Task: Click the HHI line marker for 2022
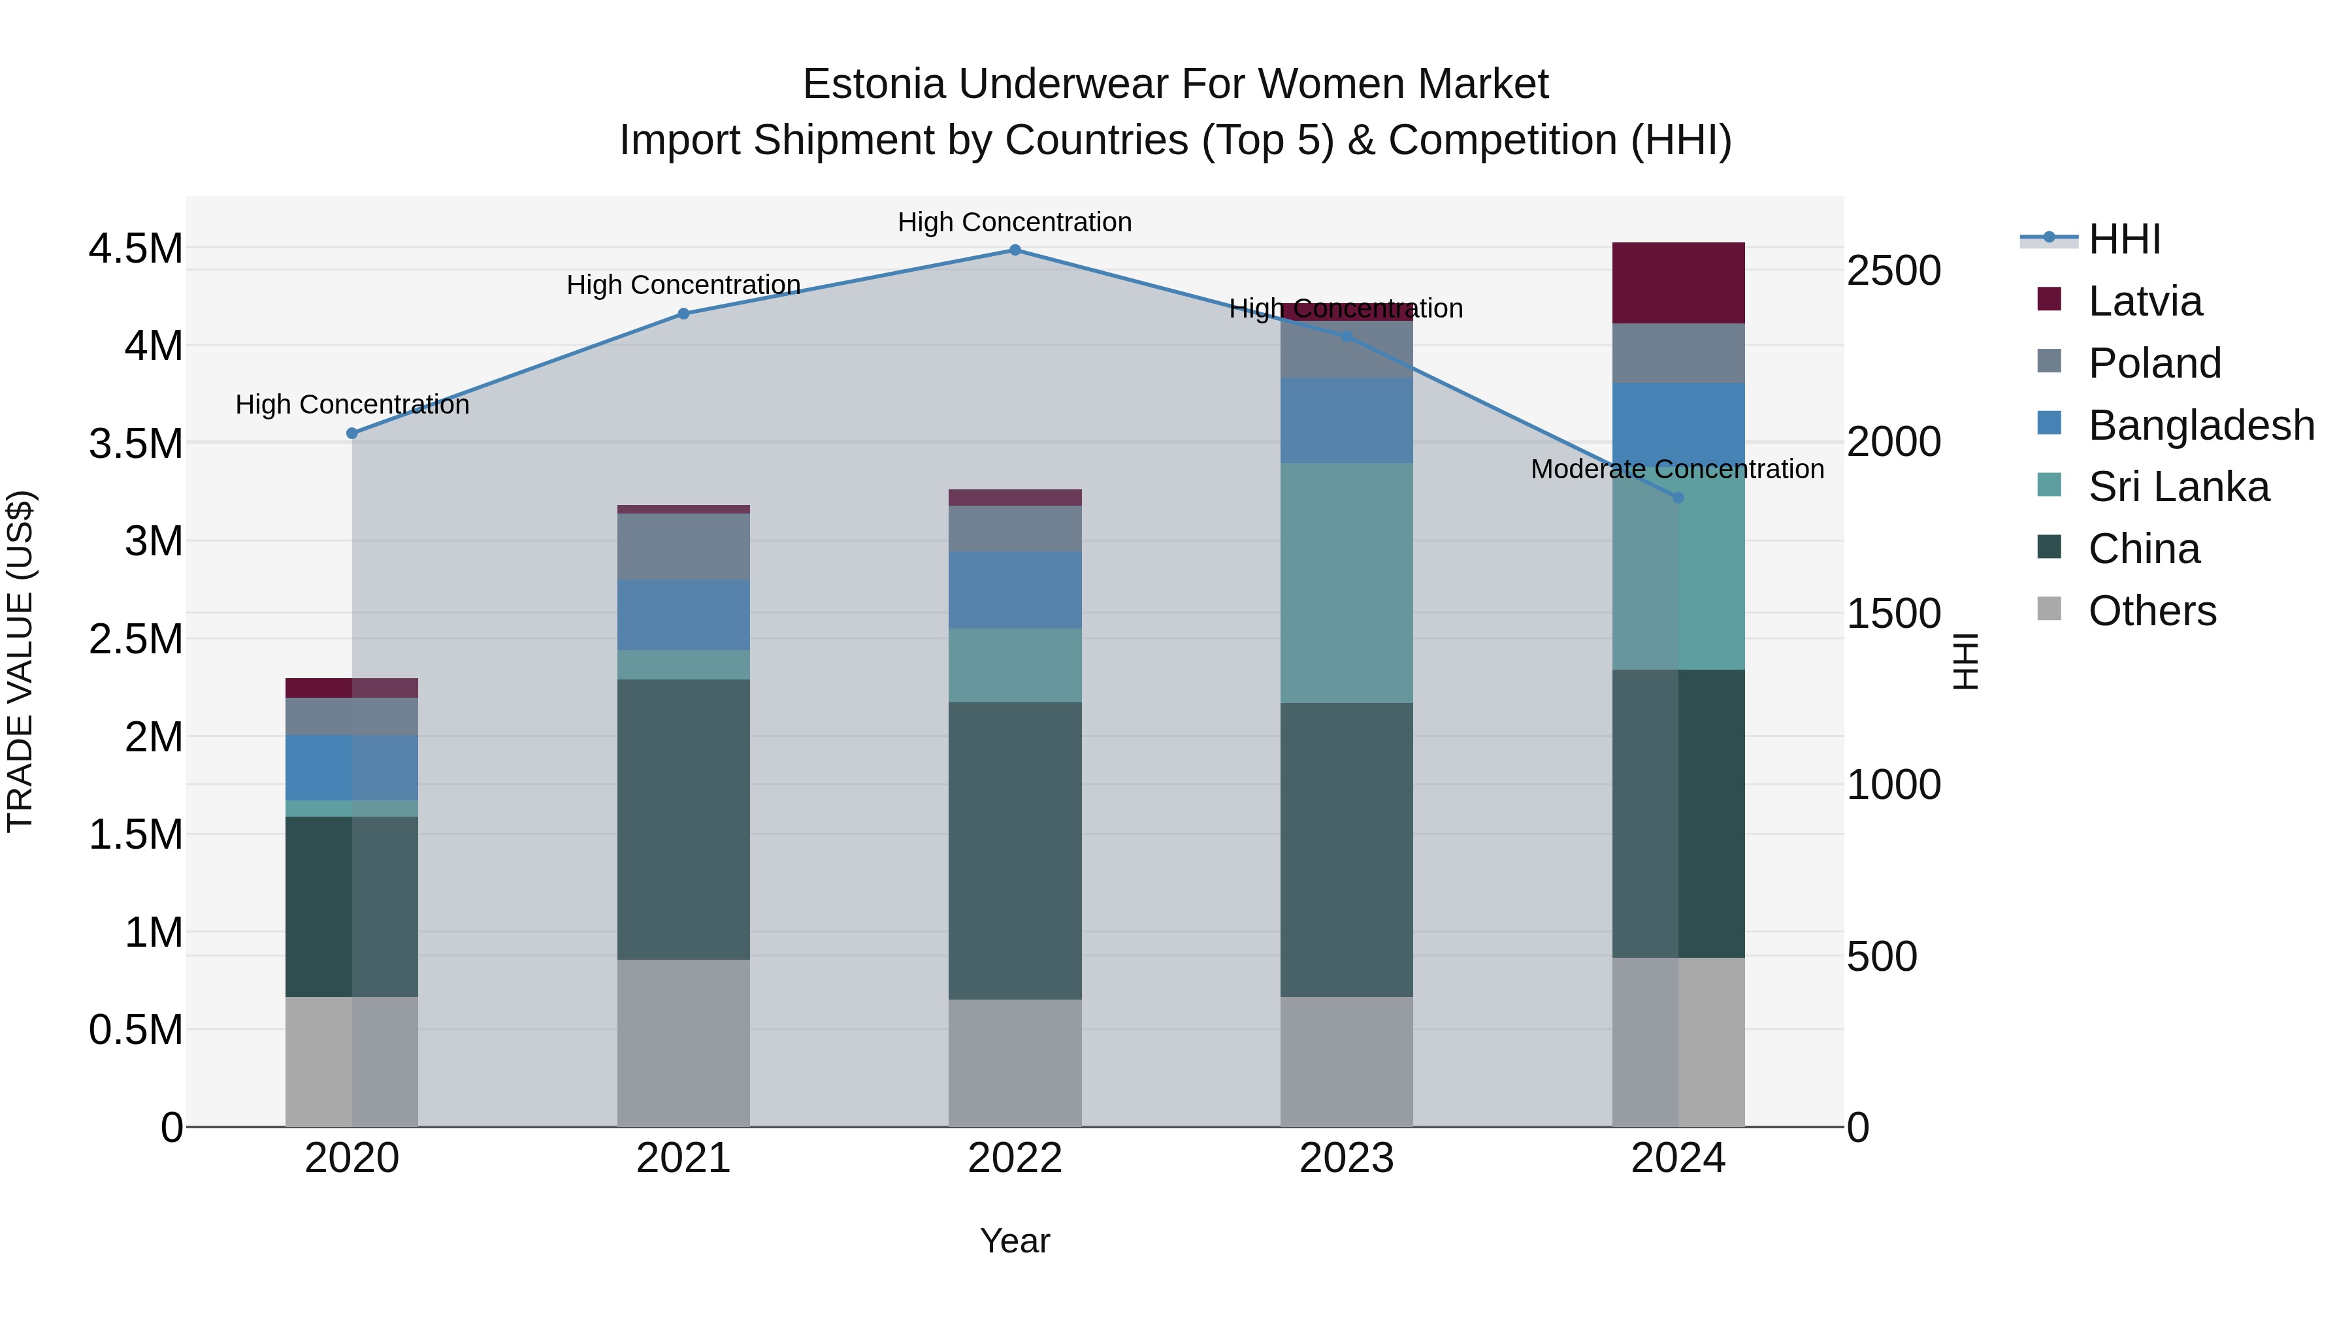(1015, 250)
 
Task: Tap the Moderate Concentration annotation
(1677, 469)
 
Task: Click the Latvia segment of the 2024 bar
(1678, 283)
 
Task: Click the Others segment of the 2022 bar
(1015, 1063)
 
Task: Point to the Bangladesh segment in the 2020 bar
(351, 768)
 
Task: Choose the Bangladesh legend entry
(2200, 425)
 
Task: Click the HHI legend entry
(2124, 239)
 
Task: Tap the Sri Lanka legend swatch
(2049, 485)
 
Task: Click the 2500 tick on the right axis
(1893, 271)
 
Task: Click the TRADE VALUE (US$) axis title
(20, 661)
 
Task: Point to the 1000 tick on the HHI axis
(1893, 785)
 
